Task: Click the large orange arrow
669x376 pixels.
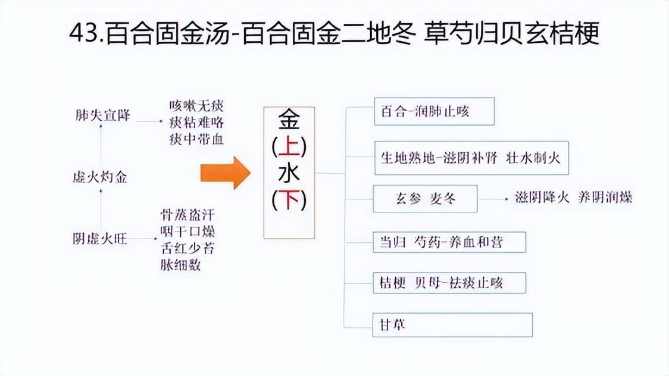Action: [x=224, y=173]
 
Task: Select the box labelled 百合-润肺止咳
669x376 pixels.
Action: [x=434, y=111]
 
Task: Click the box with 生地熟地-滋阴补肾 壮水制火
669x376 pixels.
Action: [x=471, y=158]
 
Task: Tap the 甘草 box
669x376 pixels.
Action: [x=452, y=325]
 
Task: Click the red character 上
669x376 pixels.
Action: [x=289, y=146]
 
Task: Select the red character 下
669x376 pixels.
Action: [x=289, y=199]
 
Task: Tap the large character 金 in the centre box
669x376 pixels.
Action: [x=289, y=120]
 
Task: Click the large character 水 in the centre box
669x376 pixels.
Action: [x=289, y=174]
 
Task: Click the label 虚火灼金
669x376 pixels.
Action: [x=99, y=177]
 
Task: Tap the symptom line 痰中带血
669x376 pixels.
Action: [x=196, y=140]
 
